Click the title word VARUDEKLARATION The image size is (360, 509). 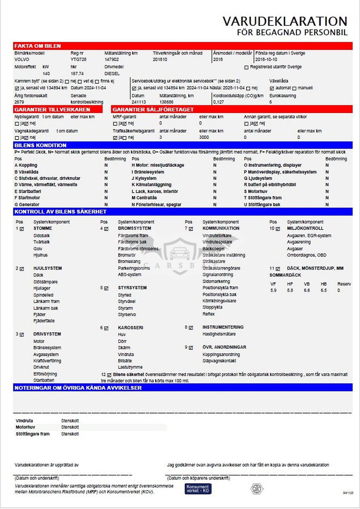coord(285,21)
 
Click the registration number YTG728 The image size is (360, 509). coord(78,60)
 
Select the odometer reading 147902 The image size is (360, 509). coord(111,60)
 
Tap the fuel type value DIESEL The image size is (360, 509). coord(112,74)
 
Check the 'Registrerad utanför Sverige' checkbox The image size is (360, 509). coord(246,67)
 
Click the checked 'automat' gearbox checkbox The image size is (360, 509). coord(272,88)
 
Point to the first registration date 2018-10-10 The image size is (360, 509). coord(266,60)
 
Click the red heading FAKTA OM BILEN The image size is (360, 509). coord(38,46)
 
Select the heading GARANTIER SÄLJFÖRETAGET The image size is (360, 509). coord(153,110)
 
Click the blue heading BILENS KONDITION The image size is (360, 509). coord(40,146)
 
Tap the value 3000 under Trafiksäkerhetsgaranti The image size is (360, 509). coord(204,137)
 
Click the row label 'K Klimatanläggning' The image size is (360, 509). coord(152,185)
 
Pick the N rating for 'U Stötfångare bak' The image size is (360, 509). coord(327,205)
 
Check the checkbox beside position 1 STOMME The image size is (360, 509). coord(22,229)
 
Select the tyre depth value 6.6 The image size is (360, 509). coord(307,291)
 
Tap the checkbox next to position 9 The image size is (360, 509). coord(191,348)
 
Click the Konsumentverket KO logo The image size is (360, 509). coord(198,489)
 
